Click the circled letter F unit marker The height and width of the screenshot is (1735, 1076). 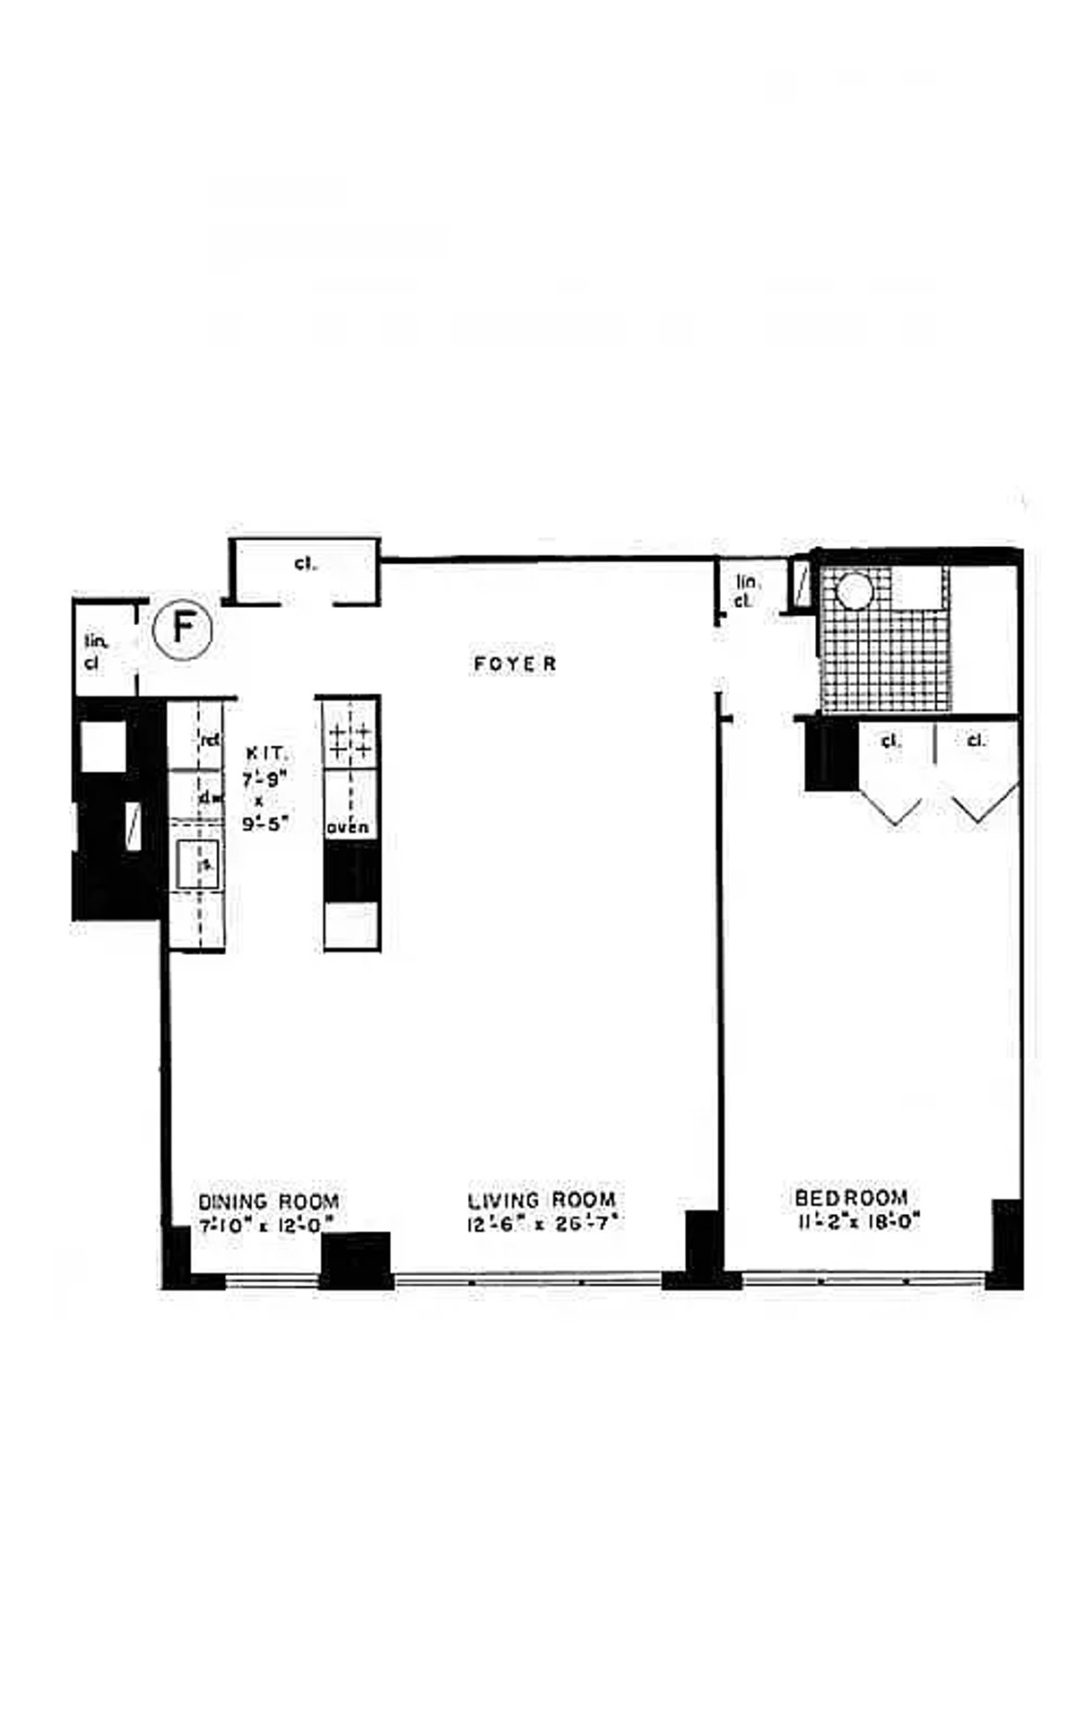coord(183,627)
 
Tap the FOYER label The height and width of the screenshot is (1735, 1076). coord(516,664)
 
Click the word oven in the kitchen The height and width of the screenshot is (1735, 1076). coord(347,828)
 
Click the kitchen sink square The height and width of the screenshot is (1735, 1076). coord(197,865)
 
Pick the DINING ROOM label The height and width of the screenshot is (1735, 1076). coord(268,1201)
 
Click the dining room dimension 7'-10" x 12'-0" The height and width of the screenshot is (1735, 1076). coord(268,1223)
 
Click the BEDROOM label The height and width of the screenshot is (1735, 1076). coord(851,1198)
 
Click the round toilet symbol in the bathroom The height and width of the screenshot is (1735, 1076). coord(853,593)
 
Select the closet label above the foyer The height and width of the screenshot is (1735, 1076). coord(304,564)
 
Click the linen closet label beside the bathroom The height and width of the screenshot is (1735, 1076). coord(743,591)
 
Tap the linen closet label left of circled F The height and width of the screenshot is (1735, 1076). coord(95,652)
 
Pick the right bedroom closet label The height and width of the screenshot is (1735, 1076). coord(976,741)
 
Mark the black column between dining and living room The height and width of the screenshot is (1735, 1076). coord(356,1259)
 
